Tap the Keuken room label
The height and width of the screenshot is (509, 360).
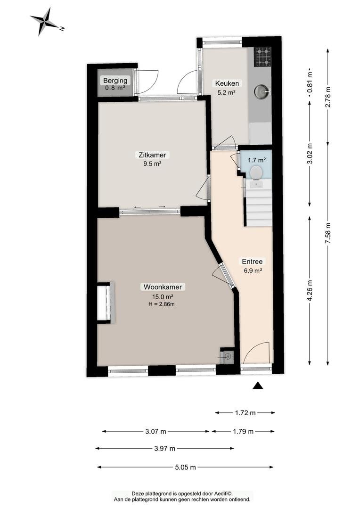click(227, 83)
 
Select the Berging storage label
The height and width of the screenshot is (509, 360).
click(115, 81)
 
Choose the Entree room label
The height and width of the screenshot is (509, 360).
click(252, 261)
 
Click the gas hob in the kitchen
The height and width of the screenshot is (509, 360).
click(262, 57)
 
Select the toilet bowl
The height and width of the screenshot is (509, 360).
click(256, 172)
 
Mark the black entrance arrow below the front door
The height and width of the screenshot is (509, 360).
click(258, 386)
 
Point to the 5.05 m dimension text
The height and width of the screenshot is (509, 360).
click(185, 468)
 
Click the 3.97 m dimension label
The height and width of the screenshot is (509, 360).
click(164, 449)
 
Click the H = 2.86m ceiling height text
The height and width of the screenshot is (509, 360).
click(161, 304)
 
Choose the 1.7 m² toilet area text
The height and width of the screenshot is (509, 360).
click(257, 160)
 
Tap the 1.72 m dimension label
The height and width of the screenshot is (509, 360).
click(245, 413)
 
